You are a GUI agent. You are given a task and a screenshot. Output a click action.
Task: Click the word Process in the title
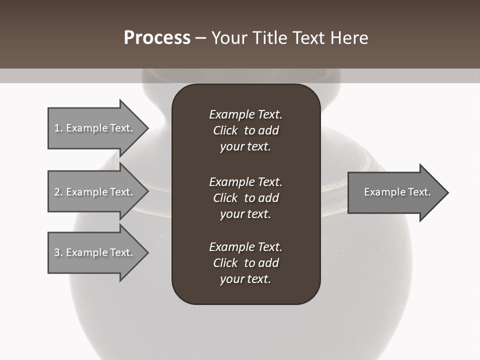[x=156, y=38]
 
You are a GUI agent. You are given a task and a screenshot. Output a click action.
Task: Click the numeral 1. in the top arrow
[x=58, y=128]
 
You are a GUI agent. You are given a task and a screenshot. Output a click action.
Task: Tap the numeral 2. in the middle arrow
[x=58, y=192]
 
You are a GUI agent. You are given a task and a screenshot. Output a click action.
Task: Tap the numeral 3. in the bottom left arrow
[x=58, y=252]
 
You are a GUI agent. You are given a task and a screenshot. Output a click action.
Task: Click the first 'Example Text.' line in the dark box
[x=245, y=114]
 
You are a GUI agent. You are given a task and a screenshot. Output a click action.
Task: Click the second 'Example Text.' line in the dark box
[x=245, y=181]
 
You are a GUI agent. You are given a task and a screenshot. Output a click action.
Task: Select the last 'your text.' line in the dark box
[x=245, y=279]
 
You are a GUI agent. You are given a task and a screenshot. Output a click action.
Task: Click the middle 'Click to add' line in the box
[x=245, y=198]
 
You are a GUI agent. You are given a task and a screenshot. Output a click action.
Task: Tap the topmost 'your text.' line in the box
[x=245, y=146]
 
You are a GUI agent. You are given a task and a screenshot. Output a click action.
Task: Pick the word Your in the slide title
[x=230, y=38]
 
